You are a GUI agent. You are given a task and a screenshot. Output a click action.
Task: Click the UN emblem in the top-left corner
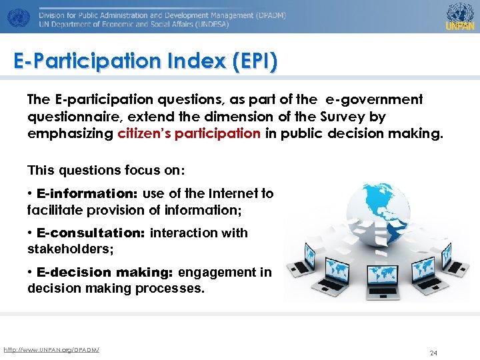click(x=18, y=16)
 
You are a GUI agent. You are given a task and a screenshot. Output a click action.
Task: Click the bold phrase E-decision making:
click(x=105, y=272)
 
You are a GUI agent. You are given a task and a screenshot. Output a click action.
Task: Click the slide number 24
click(x=433, y=353)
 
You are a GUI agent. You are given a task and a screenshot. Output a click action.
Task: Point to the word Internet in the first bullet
click(x=233, y=194)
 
